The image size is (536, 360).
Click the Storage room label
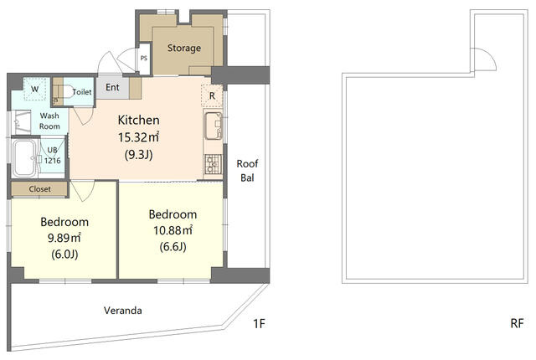pyautogui.click(x=184, y=49)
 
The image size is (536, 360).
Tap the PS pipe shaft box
pyautogui.click(x=144, y=59)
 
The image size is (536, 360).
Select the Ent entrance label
pyautogui.click(x=112, y=87)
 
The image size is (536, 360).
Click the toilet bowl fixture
pyautogui.click(x=67, y=91)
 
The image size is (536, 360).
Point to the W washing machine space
pyautogui.click(x=34, y=89)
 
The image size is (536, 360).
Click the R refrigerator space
pyautogui.click(x=212, y=96)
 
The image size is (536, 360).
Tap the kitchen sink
pyautogui.click(x=214, y=126)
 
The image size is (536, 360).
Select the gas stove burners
pyautogui.click(x=214, y=164)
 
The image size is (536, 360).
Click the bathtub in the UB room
pyautogui.click(x=24, y=158)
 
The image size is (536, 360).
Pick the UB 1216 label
pyautogui.click(x=52, y=155)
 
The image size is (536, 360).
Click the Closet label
pyautogui.click(x=39, y=189)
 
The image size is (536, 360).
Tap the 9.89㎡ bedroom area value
pyautogui.click(x=64, y=238)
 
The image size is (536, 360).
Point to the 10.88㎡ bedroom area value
pyautogui.click(x=173, y=230)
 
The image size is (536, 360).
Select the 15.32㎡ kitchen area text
pyautogui.click(x=138, y=137)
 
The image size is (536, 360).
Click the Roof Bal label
pyautogui.click(x=247, y=171)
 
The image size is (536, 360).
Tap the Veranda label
pyautogui.click(x=123, y=311)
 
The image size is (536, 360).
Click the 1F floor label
pyautogui.click(x=259, y=323)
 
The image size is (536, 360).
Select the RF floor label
pyautogui.click(x=517, y=323)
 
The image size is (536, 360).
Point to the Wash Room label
pyautogui.click(x=49, y=121)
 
